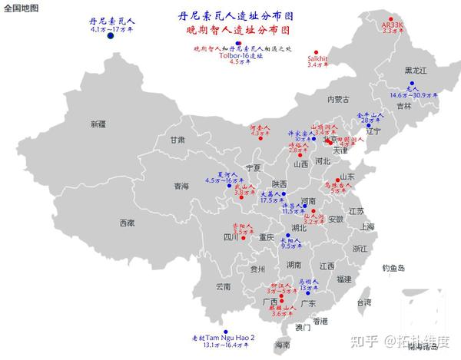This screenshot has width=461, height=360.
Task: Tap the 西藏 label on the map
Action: click(126, 223)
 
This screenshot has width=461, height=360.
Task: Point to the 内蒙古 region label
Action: click(338, 99)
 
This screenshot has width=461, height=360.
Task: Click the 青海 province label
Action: click(181, 186)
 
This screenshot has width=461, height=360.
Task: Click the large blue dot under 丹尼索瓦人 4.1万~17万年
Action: click(111, 36)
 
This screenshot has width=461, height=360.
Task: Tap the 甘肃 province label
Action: click(177, 140)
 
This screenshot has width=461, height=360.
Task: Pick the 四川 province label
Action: click(231, 238)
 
